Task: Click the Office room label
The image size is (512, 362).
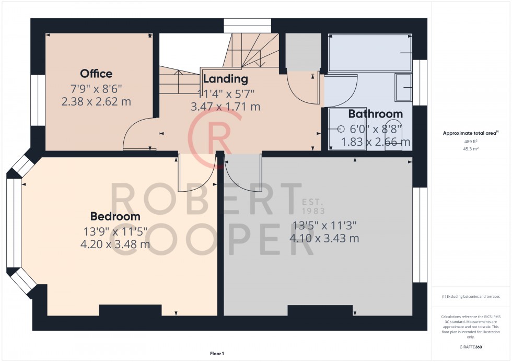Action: tap(96, 74)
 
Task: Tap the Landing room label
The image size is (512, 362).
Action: tap(225, 79)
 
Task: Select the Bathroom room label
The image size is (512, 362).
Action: tap(375, 114)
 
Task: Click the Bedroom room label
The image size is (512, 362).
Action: tap(115, 216)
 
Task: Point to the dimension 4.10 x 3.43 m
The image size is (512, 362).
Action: tap(324, 238)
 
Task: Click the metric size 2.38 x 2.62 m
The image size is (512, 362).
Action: tap(96, 102)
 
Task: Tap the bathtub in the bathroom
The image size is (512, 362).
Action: tap(370, 53)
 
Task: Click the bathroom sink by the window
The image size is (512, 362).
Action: tap(403, 87)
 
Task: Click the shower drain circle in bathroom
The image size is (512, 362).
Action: tap(341, 129)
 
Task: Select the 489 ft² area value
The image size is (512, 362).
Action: tap(471, 142)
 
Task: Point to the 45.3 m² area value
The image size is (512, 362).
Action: tap(471, 148)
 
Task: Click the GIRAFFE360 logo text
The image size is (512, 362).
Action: tap(471, 346)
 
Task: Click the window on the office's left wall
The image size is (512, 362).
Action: tap(38, 100)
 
